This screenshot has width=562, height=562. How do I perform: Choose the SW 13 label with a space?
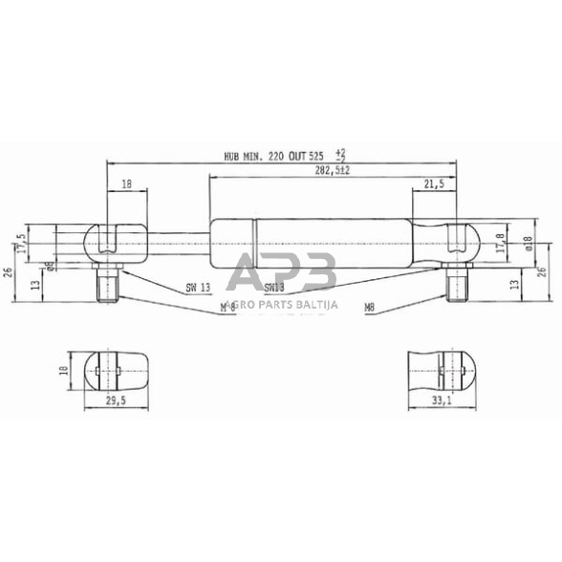(197, 287)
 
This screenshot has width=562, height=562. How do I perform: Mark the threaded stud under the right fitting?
(458, 283)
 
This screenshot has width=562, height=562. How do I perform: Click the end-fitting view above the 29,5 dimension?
(117, 367)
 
